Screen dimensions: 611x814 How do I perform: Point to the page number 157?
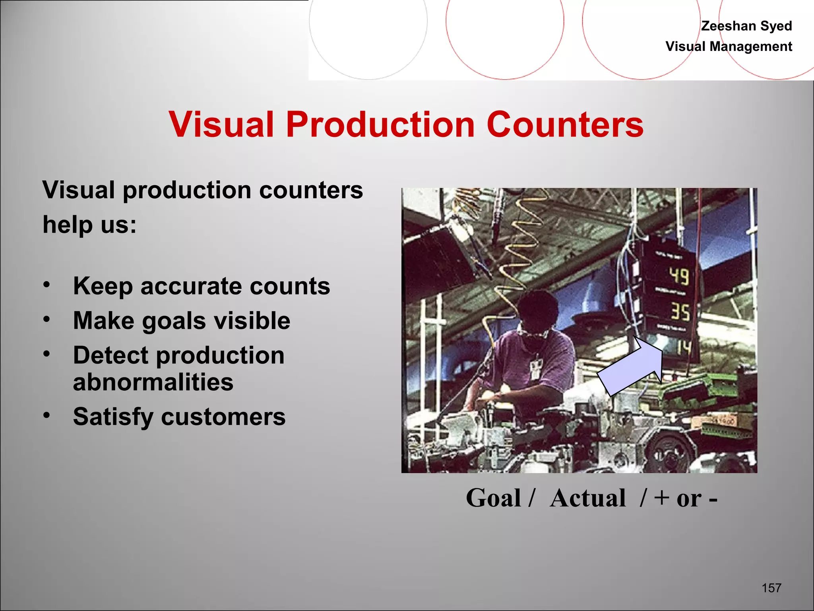tap(771, 588)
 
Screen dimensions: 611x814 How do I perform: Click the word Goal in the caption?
tap(493, 498)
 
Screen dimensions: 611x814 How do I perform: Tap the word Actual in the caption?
tap(588, 498)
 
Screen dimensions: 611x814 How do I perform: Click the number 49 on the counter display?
tap(678, 276)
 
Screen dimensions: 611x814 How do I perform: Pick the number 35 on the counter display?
tap(680, 311)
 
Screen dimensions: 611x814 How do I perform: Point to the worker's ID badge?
tap(536, 368)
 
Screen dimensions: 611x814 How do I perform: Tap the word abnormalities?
tap(153, 382)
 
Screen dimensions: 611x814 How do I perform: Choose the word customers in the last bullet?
tap(223, 417)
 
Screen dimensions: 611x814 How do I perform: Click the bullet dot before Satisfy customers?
tap(47, 415)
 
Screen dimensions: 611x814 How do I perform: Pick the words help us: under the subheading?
tap(89, 225)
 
